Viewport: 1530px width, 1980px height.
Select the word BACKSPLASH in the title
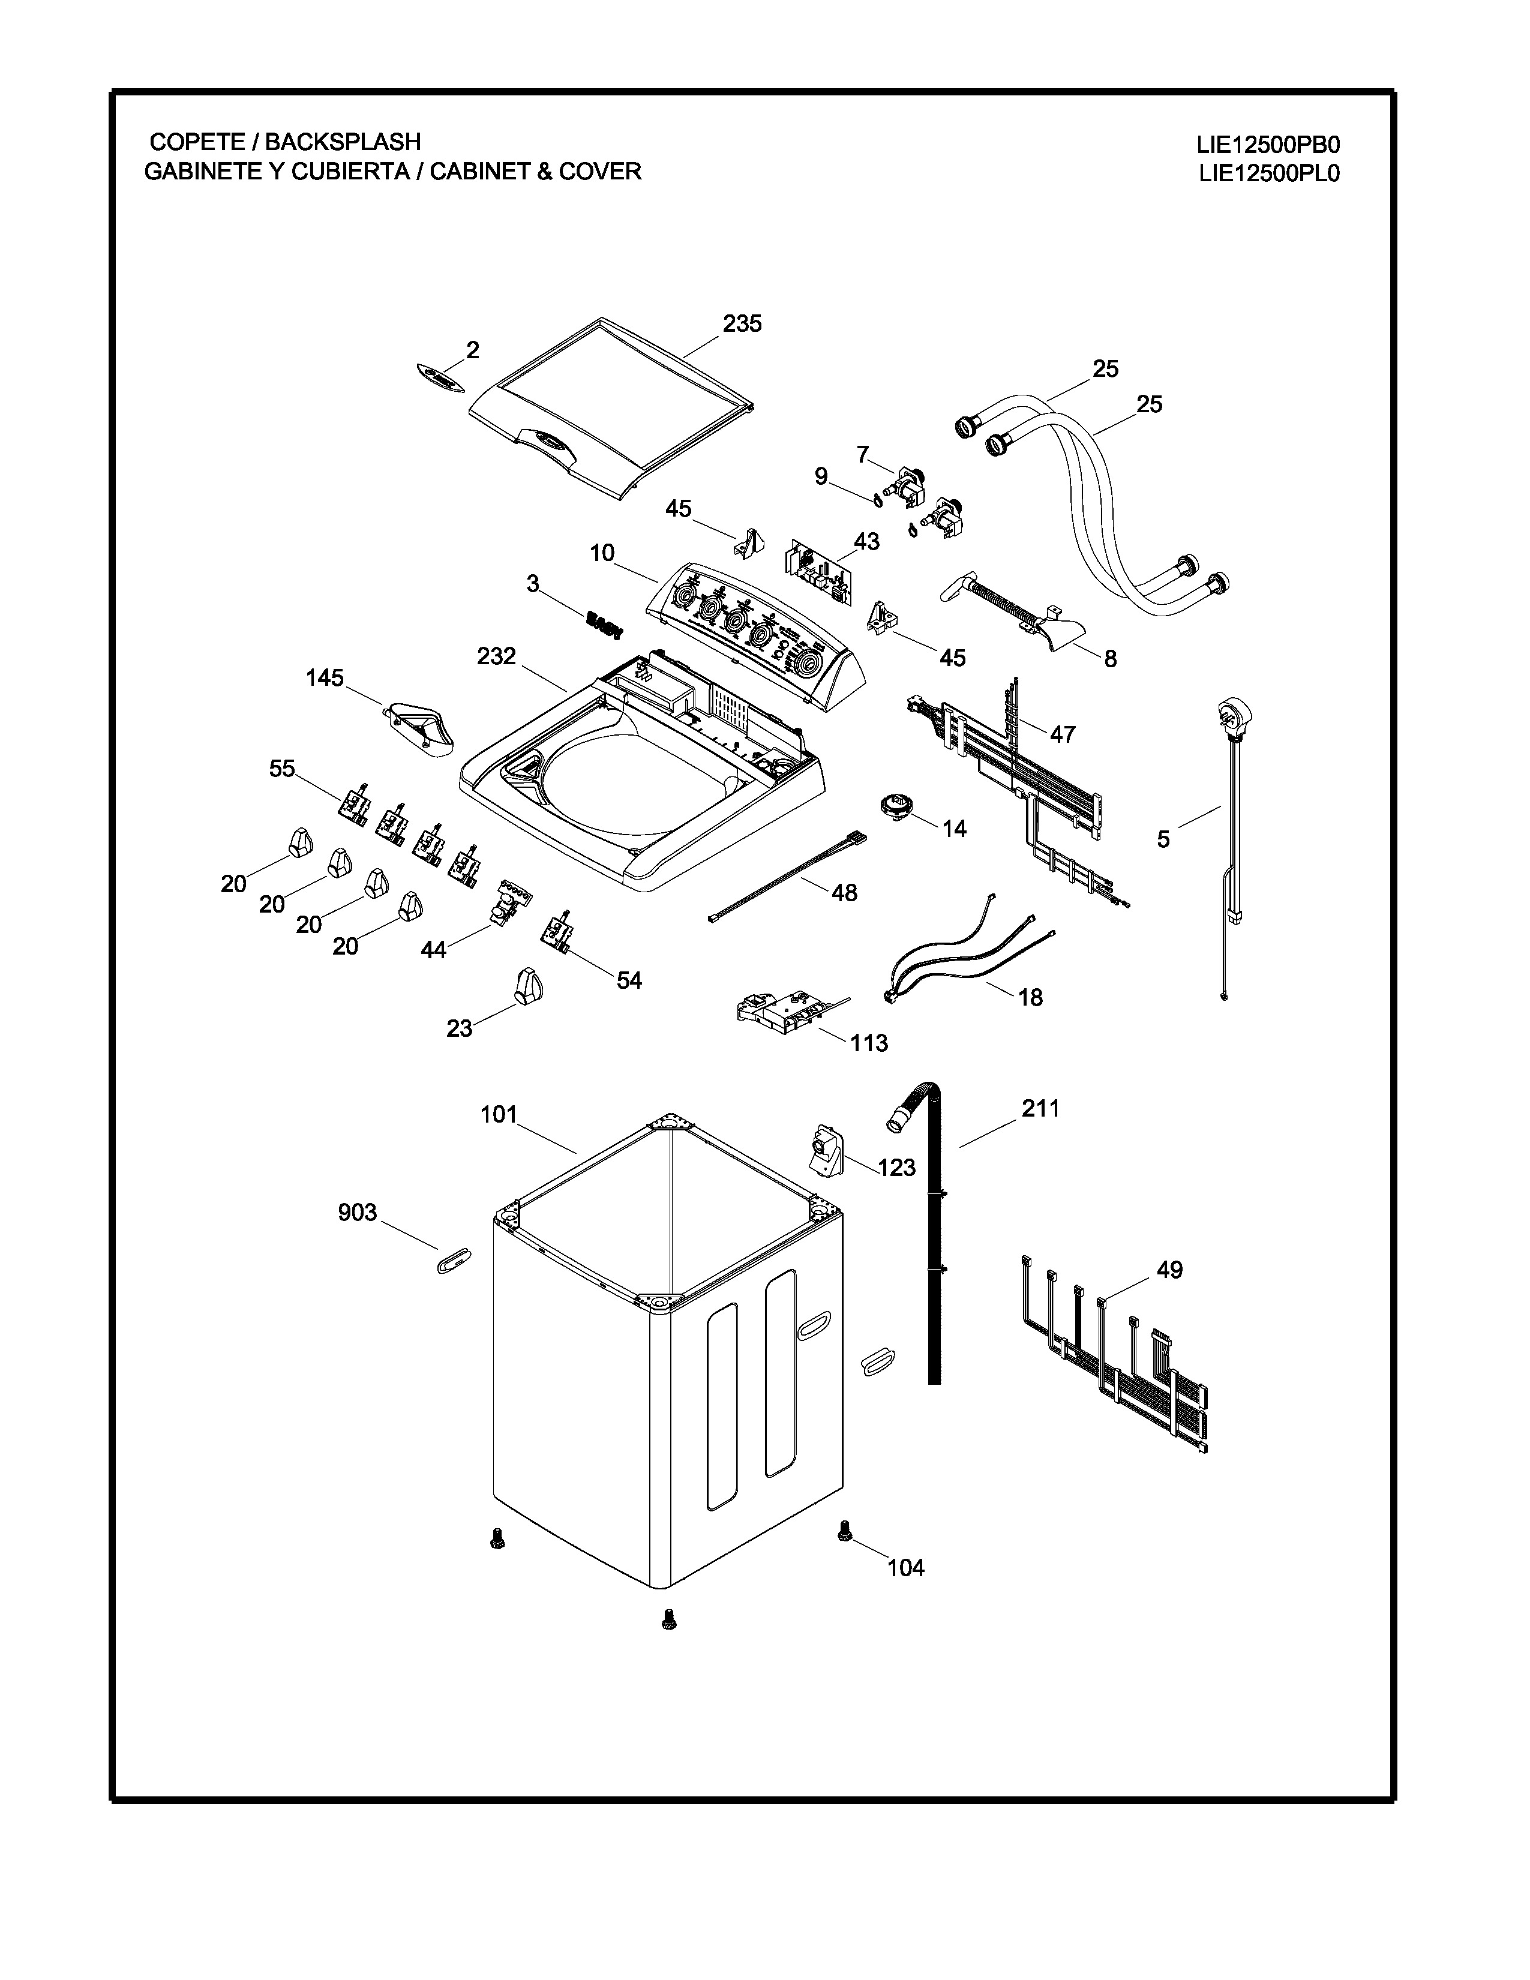click(x=343, y=142)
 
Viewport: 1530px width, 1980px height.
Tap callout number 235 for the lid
click(x=742, y=323)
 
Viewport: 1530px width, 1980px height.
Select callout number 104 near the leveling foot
click(x=905, y=1567)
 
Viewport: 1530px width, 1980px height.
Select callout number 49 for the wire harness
click(x=1169, y=1270)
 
